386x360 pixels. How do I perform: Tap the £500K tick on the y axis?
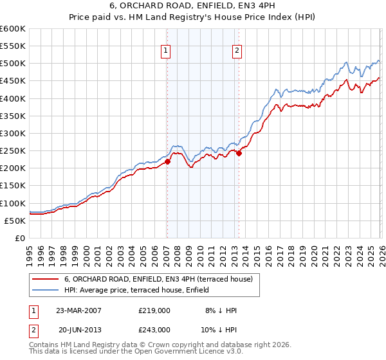click(x=13, y=64)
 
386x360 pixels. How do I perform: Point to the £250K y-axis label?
click(x=13, y=151)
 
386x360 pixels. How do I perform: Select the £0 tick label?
click(x=21, y=239)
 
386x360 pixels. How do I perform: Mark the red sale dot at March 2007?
click(x=167, y=162)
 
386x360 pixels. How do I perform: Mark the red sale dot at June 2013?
click(x=239, y=154)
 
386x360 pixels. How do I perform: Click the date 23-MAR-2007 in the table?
click(x=78, y=310)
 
